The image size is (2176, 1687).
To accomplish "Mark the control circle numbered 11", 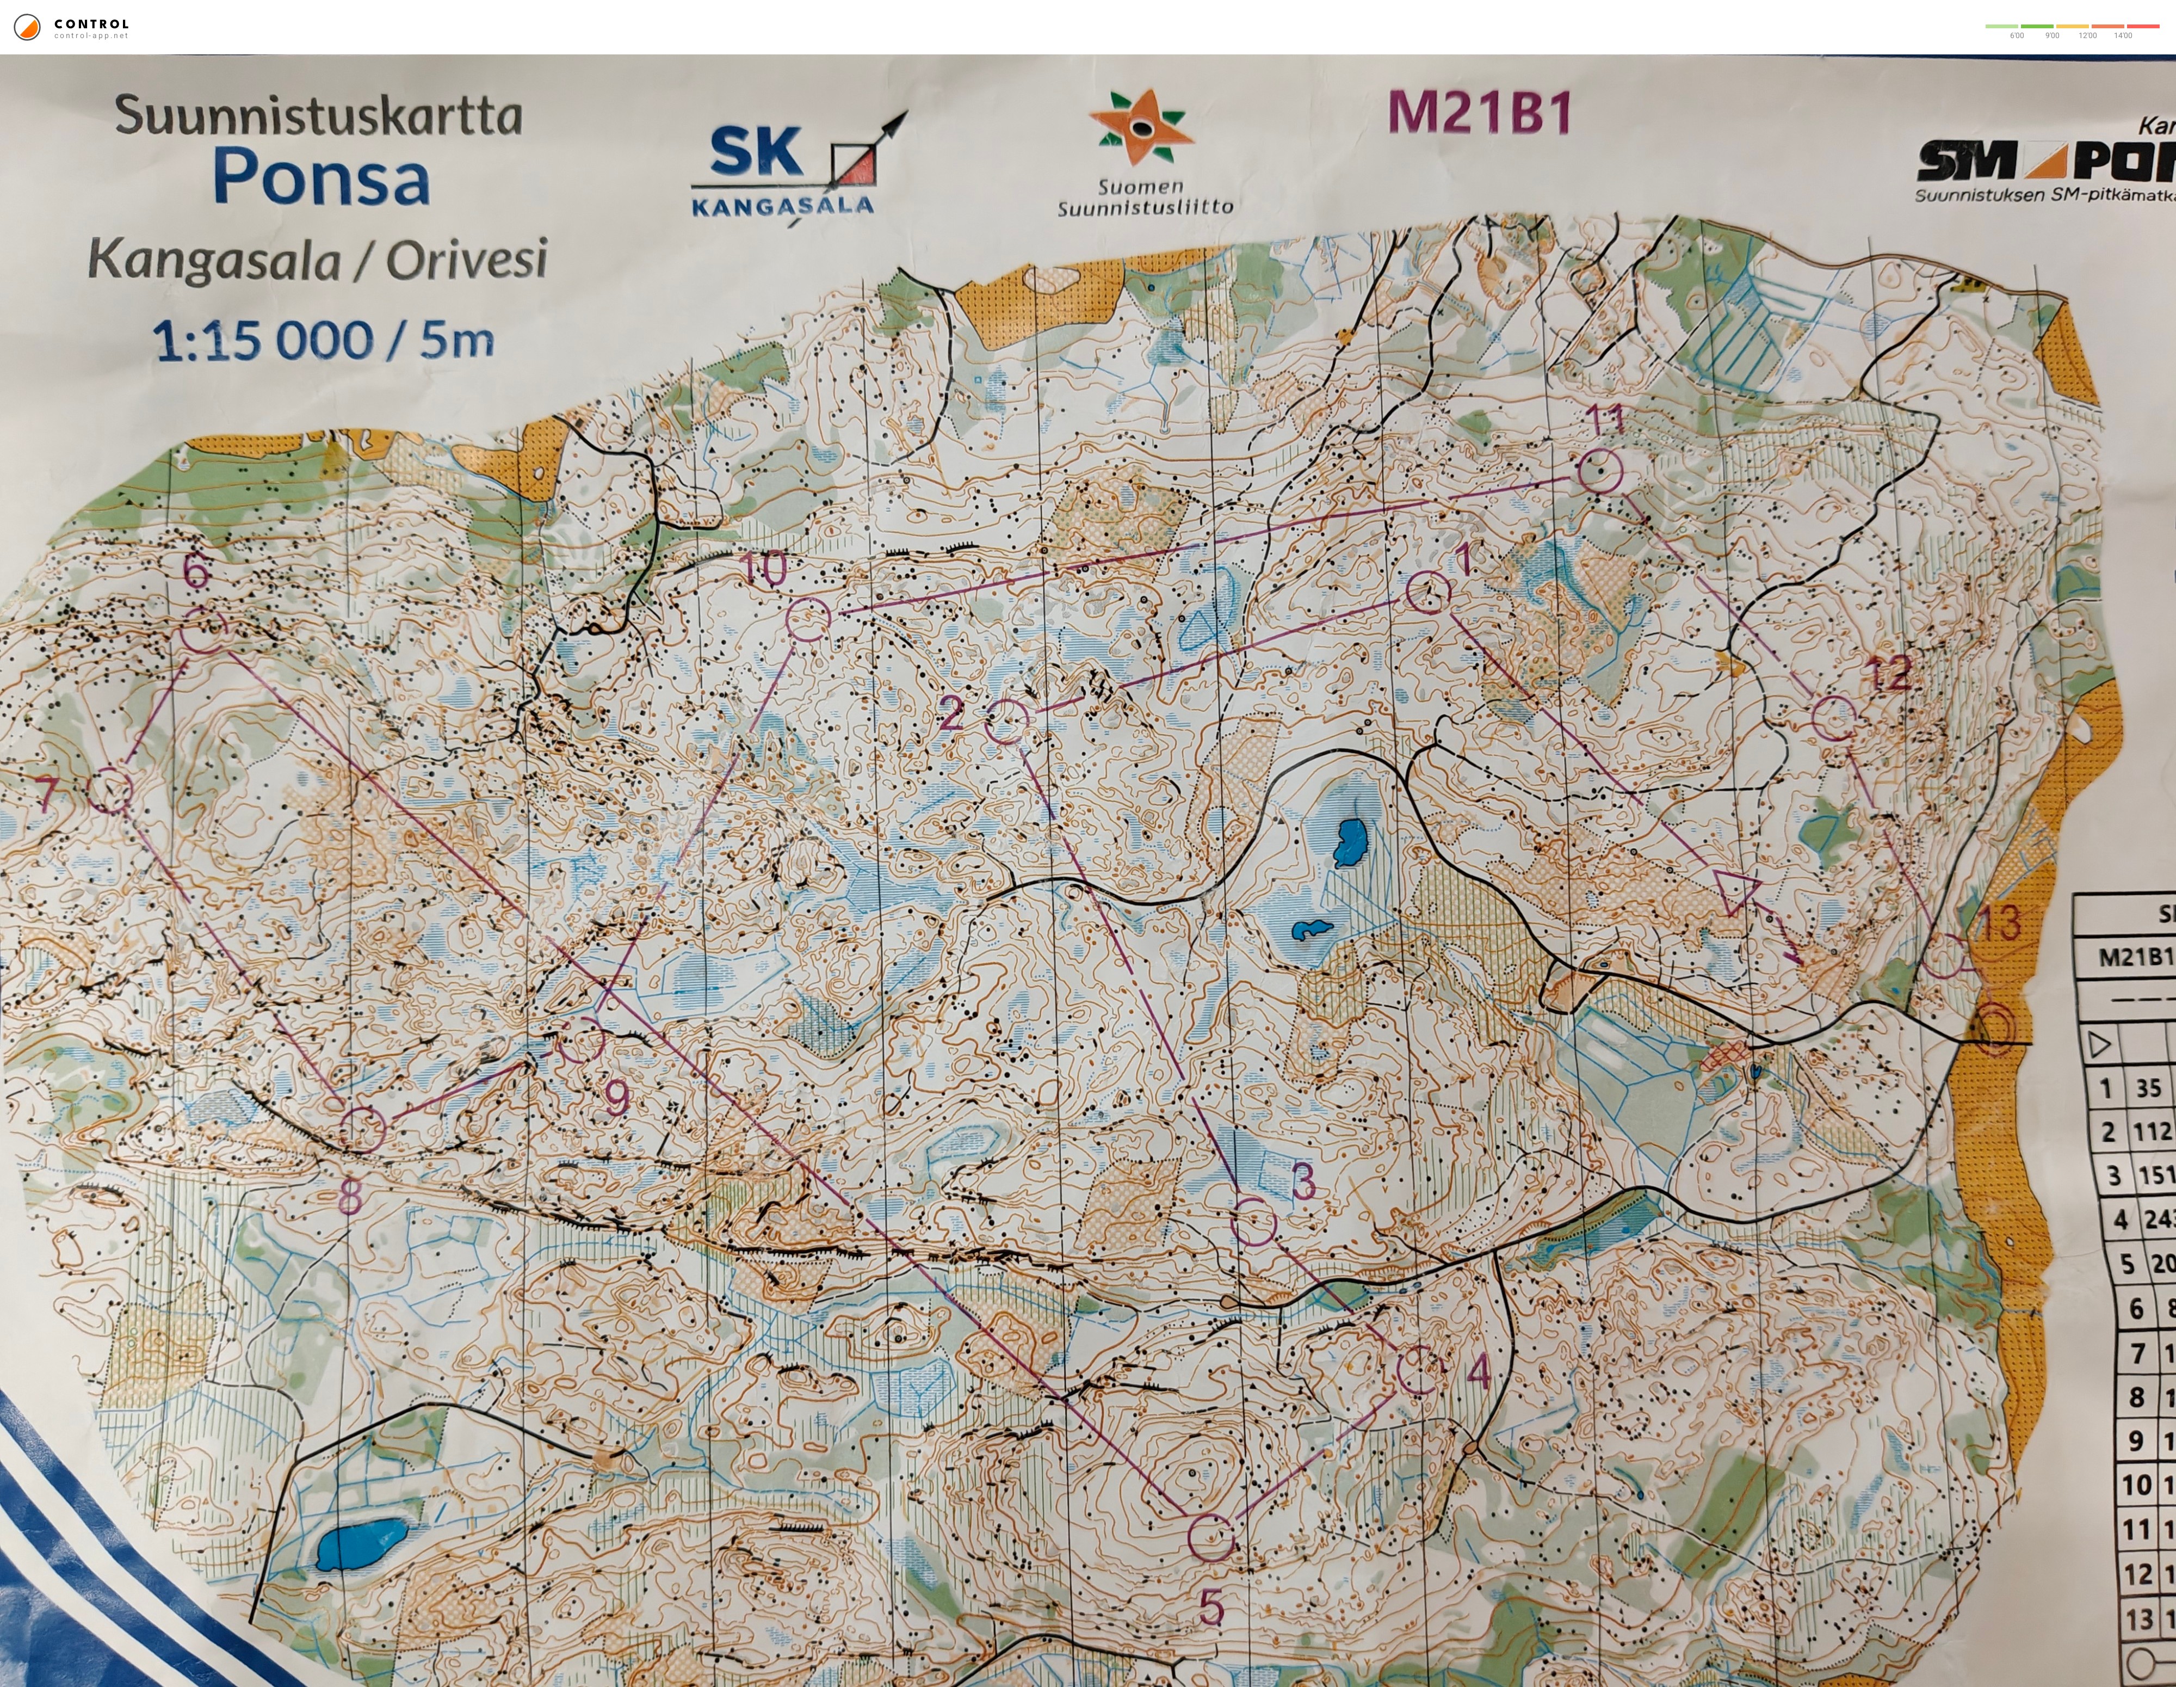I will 1600,470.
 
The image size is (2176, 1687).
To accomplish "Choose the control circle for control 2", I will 1006,722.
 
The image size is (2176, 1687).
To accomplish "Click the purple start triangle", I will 1735,890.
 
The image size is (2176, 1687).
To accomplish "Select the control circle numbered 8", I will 363,1129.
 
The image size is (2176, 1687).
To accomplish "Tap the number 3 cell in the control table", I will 2114,1176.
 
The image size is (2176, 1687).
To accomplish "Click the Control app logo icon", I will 27,27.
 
